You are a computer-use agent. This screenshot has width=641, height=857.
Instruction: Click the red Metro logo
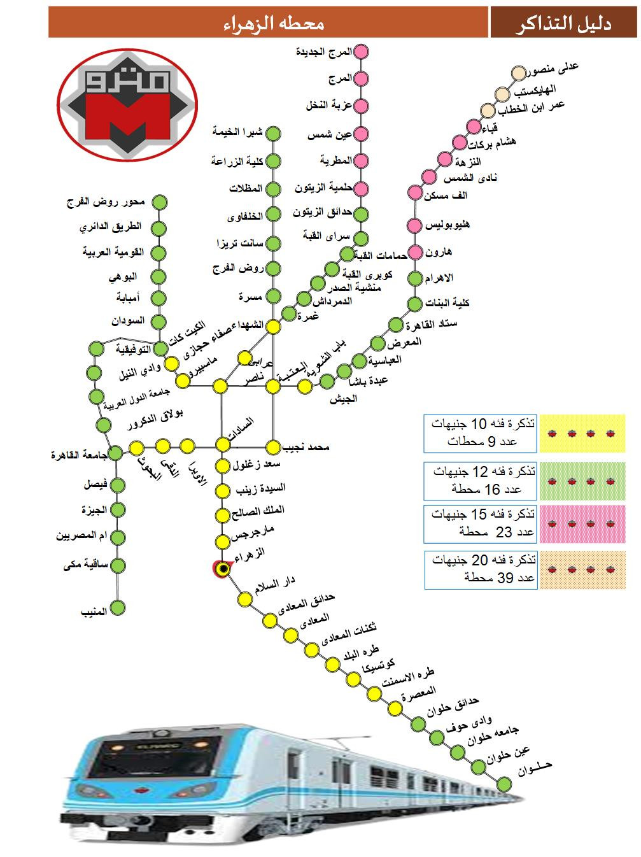click(127, 104)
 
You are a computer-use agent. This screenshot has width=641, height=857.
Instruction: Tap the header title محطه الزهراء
click(274, 24)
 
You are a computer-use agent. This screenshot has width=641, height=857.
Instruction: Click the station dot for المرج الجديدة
click(362, 52)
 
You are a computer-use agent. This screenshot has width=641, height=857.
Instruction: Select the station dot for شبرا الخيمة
click(273, 134)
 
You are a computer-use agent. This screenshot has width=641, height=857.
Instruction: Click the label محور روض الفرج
click(106, 202)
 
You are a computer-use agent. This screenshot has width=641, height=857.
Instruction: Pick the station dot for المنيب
click(118, 609)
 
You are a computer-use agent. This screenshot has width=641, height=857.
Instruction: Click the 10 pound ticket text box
click(481, 434)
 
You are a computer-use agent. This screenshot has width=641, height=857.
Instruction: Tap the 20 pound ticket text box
click(481, 569)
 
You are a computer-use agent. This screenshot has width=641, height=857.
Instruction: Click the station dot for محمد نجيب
click(274, 446)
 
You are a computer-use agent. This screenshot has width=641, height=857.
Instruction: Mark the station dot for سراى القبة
click(361, 238)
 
